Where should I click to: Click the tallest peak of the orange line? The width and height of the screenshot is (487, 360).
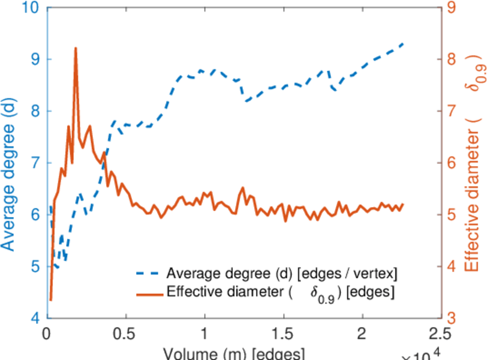[x=76, y=48]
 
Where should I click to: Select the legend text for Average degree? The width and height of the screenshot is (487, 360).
[x=282, y=274]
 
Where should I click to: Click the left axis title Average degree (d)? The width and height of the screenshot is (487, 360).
[x=10, y=163]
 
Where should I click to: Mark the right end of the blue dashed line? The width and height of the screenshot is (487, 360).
[x=403, y=44]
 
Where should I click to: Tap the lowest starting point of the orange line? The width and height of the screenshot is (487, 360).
[x=51, y=299]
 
